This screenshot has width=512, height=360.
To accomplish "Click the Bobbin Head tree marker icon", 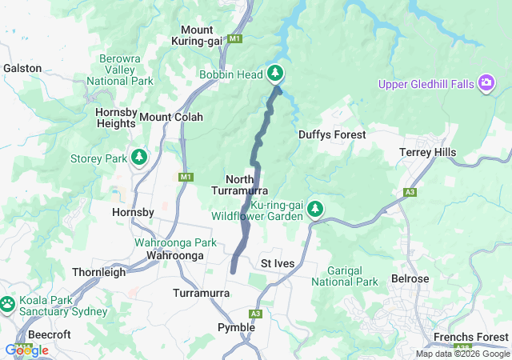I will [x=275, y=74].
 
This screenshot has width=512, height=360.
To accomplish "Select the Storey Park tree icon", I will [x=139, y=158].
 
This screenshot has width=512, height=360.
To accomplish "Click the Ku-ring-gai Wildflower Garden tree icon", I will [x=315, y=210].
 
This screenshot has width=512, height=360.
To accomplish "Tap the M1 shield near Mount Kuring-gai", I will [x=234, y=38].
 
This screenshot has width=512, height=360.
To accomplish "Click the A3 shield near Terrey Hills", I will [x=410, y=192].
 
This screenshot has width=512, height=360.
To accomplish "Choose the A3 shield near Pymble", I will [x=256, y=314].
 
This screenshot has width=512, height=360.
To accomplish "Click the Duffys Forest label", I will [x=332, y=135].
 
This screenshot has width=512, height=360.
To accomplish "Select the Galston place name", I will [x=22, y=69].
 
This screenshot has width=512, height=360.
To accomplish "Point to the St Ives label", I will [x=279, y=263].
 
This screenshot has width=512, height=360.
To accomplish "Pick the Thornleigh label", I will [x=99, y=272].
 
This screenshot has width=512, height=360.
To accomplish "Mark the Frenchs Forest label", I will [x=470, y=337].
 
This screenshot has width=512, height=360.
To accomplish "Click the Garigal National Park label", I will [x=344, y=276].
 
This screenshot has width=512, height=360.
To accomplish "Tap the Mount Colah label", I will [x=171, y=117].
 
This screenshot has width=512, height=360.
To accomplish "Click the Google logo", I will [x=26, y=350].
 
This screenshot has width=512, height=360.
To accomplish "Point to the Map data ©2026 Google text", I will [x=462, y=354].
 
